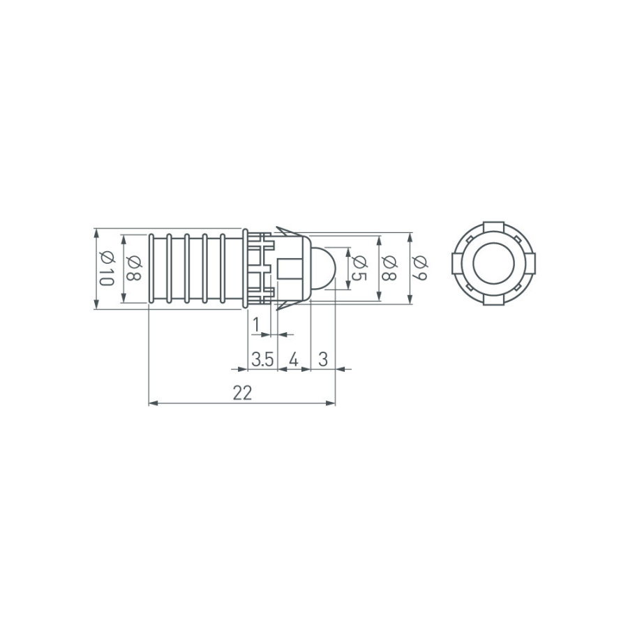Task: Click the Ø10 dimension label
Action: click(x=105, y=268)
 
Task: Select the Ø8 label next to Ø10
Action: click(x=135, y=268)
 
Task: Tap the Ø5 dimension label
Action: click(x=359, y=268)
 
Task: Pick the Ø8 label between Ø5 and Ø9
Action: click(x=389, y=268)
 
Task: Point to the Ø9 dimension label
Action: click(x=419, y=268)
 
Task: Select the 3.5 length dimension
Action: click(x=262, y=360)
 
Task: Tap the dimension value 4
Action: click(x=294, y=360)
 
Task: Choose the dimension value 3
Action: click(x=323, y=360)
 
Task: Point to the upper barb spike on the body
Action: click(x=285, y=230)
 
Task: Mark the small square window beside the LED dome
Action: click(x=290, y=269)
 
